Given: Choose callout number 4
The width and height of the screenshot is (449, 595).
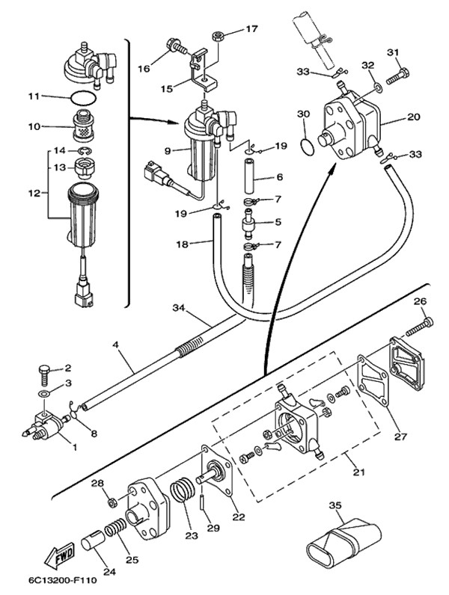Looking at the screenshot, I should click(x=116, y=345).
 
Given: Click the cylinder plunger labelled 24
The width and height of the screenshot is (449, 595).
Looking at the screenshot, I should click(x=93, y=539).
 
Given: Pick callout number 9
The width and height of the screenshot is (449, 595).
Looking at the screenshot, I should click(x=169, y=150).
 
